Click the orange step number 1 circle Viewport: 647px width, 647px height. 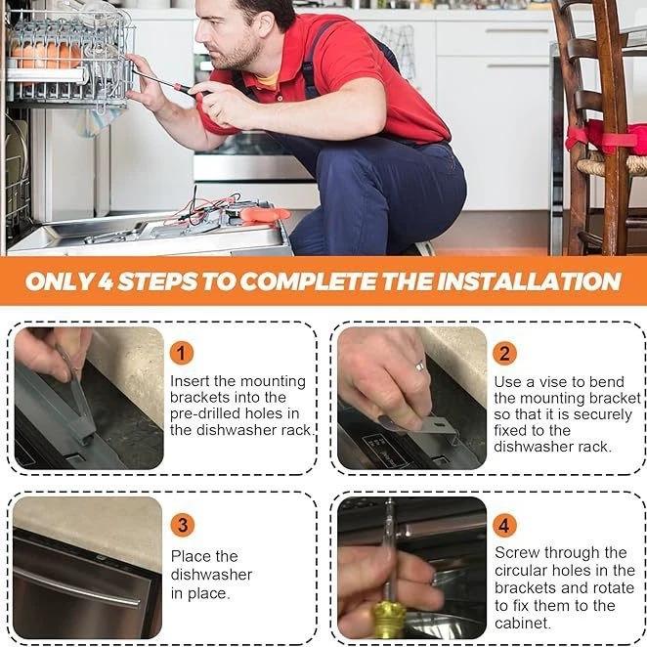tap(182, 354)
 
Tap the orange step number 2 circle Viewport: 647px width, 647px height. tap(504, 354)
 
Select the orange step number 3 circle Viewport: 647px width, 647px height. tap(182, 525)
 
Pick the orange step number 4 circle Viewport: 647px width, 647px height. tap(504, 526)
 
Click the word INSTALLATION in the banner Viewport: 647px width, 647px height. tap(529, 281)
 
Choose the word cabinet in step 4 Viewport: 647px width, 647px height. tap(522, 624)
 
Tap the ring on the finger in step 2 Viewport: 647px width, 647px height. tap(419, 366)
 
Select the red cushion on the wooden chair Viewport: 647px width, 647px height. tap(606, 137)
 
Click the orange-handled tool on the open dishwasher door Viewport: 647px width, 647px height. tap(265, 215)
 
